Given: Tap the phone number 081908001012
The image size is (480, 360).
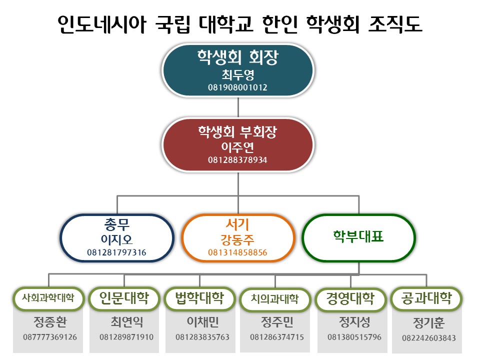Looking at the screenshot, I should tap(238, 87).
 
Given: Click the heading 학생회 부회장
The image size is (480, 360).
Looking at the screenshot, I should tap(238, 132).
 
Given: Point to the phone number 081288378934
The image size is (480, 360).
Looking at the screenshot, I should tap(238, 160).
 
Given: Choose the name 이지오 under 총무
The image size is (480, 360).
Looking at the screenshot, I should tap(117, 239).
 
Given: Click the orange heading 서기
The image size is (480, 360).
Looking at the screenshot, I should tap(238, 223).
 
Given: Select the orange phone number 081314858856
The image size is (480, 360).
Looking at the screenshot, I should tap(238, 252).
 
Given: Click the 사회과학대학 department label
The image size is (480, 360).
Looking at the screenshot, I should tap(48, 298).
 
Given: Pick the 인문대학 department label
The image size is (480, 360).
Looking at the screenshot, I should tap(124, 298).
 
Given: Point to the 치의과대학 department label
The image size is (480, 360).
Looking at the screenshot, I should tap(275, 299).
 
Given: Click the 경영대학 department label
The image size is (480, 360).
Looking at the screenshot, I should tap(351, 298).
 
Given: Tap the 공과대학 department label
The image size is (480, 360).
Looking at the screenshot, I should tap(427, 298).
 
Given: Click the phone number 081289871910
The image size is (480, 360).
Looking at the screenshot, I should tap(126, 337).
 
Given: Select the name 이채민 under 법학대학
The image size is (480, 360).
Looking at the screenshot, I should tap(202, 320).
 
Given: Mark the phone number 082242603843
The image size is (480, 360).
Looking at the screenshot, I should tap(429, 338).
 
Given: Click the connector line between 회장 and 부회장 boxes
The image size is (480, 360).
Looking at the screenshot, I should tap(238, 106).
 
